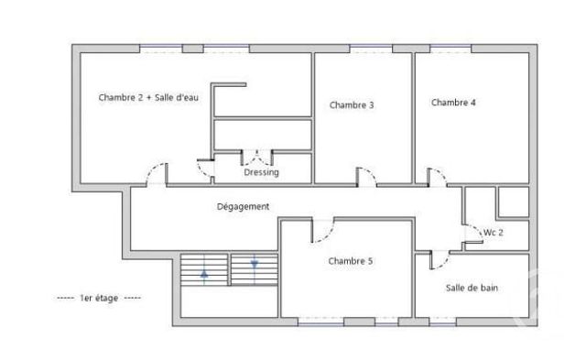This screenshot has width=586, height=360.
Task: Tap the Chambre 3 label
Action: (x=352, y=105)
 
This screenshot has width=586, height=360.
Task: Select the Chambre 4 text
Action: (x=453, y=103)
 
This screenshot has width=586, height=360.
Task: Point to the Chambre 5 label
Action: (x=351, y=261)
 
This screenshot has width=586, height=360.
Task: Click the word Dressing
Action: (x=261, y=172)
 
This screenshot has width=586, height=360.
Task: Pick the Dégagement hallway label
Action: (x=243, y=207)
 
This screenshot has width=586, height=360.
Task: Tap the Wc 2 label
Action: (x=494, y=233)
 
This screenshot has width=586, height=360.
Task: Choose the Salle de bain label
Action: (x=472, y=288)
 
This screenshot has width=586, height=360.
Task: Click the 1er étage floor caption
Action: (x=99, y=299)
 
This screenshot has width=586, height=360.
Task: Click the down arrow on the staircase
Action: (x=255, y=266)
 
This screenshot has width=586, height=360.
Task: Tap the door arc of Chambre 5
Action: (x=321, y=230)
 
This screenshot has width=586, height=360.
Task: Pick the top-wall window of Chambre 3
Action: (x=372, y=48)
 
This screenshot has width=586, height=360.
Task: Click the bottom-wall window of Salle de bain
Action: (x=443, y=322)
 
